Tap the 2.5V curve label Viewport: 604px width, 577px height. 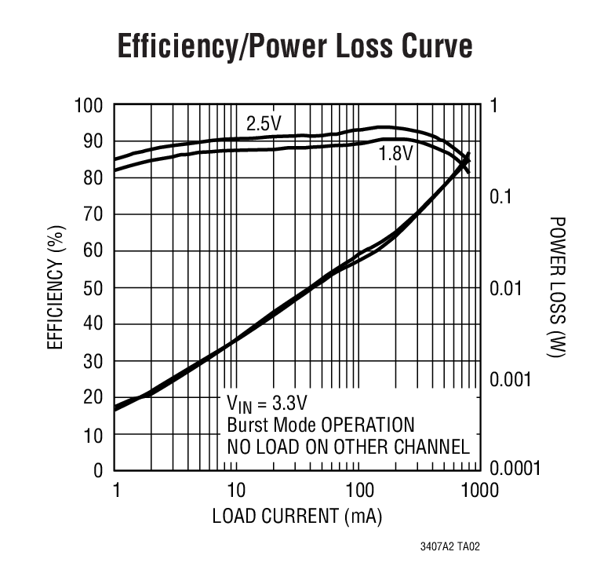tap(264, 123)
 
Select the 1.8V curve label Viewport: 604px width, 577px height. tap(395, 154)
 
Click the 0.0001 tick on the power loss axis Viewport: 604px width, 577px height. tap(516, 470)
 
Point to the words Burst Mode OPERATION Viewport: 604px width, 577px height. tap(320, 425)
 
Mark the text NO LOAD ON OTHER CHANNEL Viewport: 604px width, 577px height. tap(347, 447)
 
